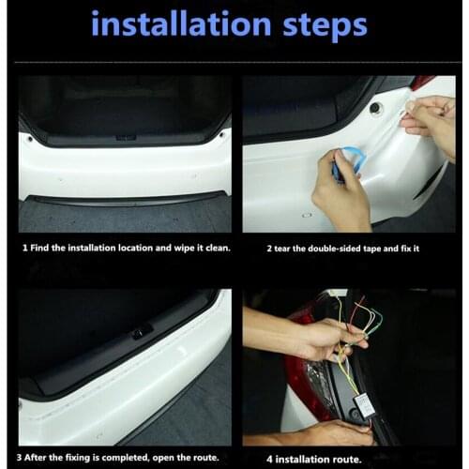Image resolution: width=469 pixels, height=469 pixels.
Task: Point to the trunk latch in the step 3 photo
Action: coord(141,331)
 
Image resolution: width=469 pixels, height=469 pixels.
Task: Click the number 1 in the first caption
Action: coord(24,249)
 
